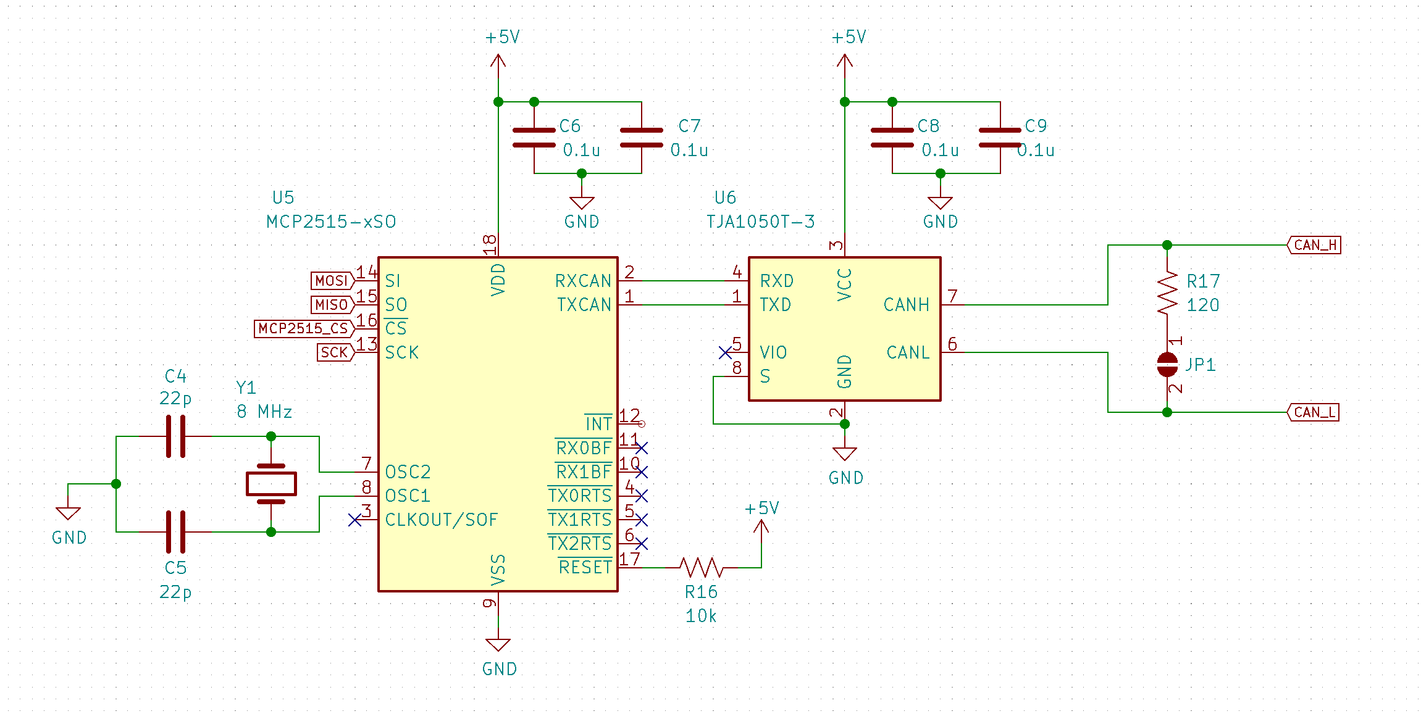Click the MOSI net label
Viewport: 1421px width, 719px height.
coord(332,281)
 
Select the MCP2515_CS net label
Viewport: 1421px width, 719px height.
coord(304,328)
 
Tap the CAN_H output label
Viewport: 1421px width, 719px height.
coord(1314,245)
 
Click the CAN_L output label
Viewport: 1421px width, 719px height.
coord(1314,412)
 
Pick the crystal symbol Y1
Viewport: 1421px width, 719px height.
coord(271,484)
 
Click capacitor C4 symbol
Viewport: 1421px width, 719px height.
coord(175,436)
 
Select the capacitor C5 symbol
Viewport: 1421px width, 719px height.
coord(175,531)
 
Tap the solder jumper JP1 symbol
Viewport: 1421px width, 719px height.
coord(1167,364)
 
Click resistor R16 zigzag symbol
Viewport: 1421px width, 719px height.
coord(701,567)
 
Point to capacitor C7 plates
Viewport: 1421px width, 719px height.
coord(642,138)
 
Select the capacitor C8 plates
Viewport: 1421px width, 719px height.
coord(892,138)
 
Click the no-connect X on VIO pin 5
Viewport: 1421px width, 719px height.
coord(725,352)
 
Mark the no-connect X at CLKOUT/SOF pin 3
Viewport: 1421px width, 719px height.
coord(354,520)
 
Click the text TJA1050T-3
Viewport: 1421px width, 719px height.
coord(760,222)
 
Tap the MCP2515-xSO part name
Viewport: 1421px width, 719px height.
coord(331,222)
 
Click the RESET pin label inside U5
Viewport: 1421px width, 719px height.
coord(584,567)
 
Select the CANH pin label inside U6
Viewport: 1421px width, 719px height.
coord(906,305)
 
